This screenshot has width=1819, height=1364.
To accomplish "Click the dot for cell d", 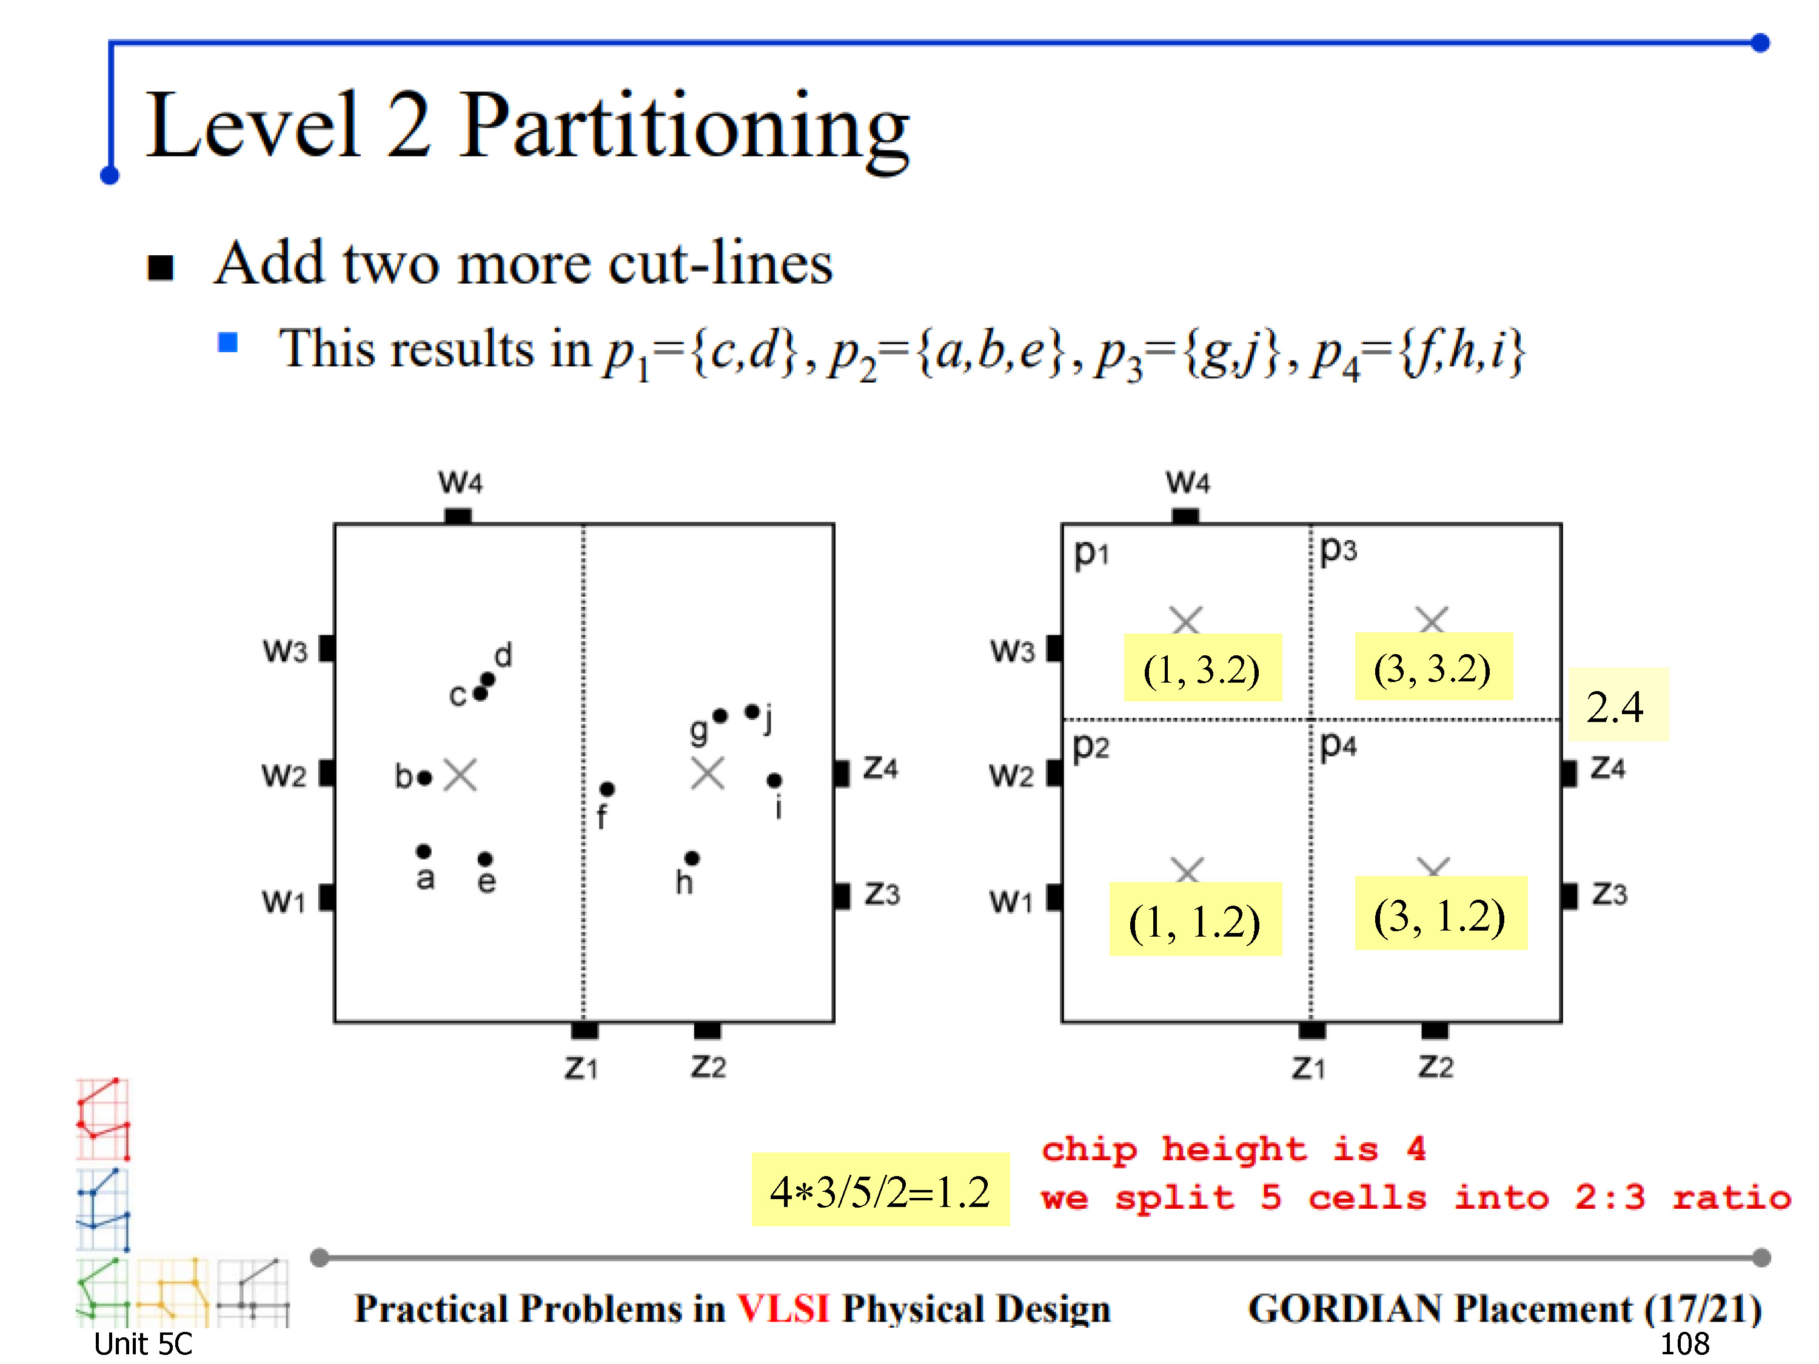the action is (487, 679).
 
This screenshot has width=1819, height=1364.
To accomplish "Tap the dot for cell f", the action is (607, 789).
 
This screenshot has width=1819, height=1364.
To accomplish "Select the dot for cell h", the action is (692, 858).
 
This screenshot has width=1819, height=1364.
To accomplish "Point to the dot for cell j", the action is (752, 711).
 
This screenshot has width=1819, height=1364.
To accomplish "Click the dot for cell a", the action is (423, 851).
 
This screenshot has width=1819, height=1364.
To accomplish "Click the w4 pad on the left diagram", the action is (458, 517).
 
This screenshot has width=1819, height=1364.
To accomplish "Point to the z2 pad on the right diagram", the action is (1435, 1030).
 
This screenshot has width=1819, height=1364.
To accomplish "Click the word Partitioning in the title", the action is (684, 129).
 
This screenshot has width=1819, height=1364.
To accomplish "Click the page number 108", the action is (1684, 1344).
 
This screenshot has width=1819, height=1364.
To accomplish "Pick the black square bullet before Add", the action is (161, 267).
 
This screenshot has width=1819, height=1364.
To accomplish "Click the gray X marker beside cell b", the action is (460, 775).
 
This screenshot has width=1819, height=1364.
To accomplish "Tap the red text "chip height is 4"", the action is (1233, 1149).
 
